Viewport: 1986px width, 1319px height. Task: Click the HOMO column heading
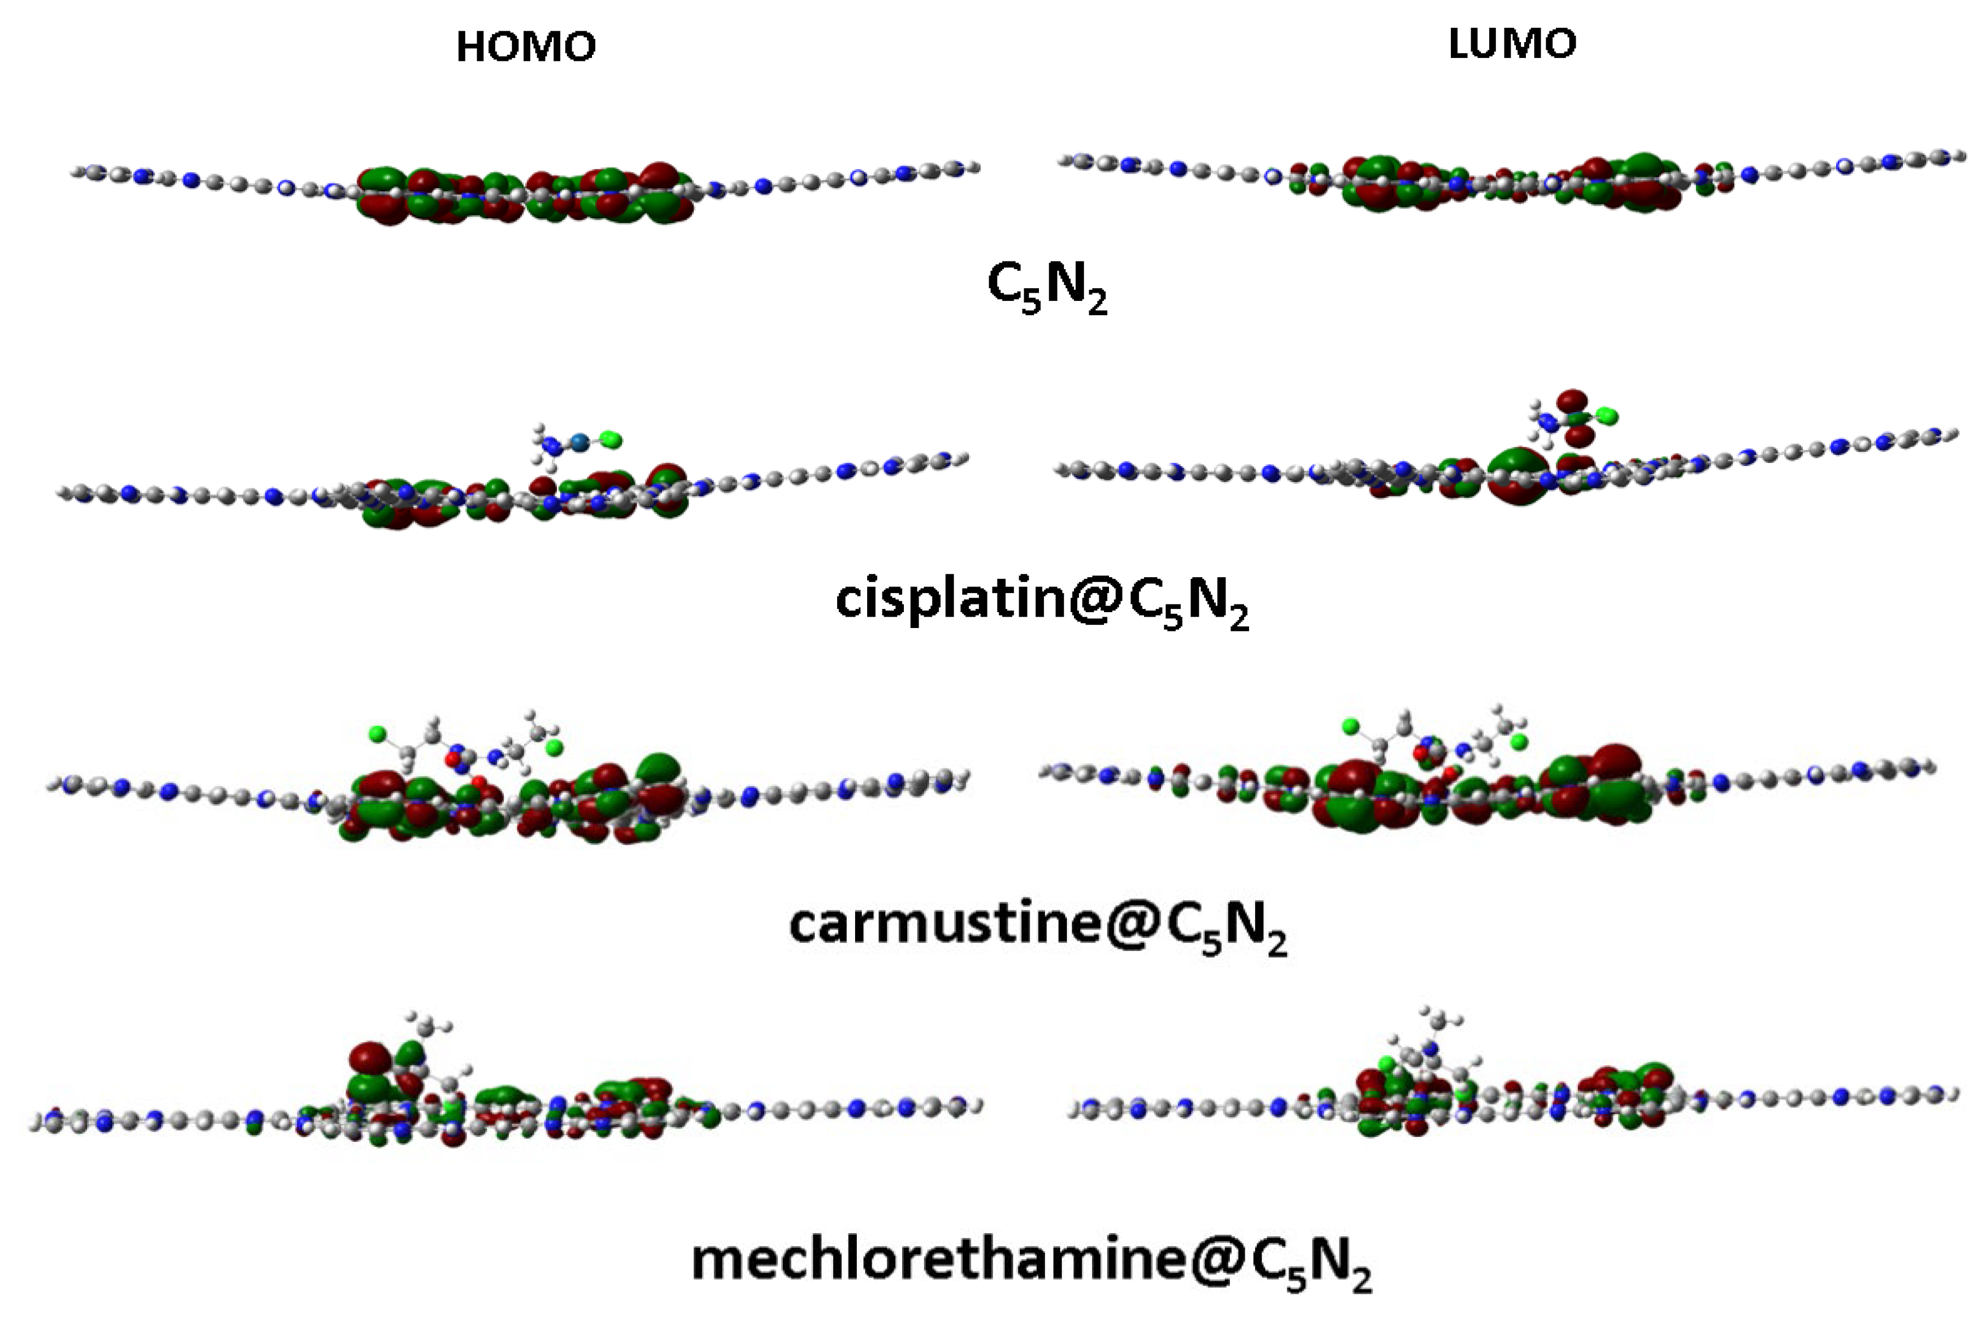coord(526,47)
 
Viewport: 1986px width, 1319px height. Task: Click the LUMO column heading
coord(1512,44)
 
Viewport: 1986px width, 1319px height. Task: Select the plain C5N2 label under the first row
coord(1047,288)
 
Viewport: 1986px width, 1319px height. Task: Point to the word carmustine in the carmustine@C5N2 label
coord(944,923)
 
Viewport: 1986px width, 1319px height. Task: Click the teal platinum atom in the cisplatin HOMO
coord(579,440)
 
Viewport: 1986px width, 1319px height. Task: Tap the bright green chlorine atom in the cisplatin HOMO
coord(612,439)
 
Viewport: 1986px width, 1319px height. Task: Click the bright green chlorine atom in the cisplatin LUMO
coord(1607,416)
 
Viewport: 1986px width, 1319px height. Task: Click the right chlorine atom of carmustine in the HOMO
coord(554,747)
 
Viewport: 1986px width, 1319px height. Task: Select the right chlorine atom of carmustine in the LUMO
coord(1518,740)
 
